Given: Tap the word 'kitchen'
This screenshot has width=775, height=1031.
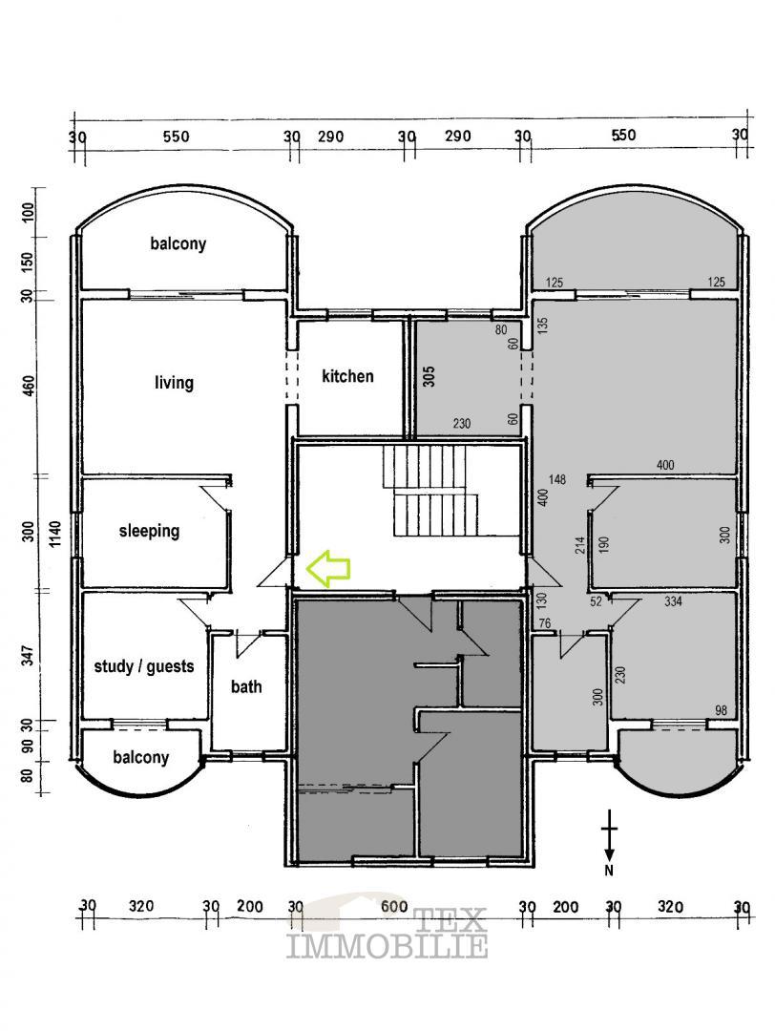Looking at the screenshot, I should point(347,376).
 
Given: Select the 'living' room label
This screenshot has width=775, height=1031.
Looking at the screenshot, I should point(174,383).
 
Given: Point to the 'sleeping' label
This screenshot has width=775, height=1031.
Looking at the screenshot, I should point(149,531).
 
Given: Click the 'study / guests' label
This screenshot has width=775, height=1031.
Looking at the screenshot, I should point(144,666).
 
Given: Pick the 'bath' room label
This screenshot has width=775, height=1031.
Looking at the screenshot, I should point(246,686).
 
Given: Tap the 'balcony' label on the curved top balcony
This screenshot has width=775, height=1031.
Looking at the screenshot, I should point(178,244).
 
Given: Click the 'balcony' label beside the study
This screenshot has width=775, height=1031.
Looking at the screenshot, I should point(140,758).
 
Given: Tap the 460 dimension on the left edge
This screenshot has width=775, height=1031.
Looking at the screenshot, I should point(29,386).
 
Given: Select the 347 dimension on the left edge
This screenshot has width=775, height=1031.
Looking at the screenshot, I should point(29,657).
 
